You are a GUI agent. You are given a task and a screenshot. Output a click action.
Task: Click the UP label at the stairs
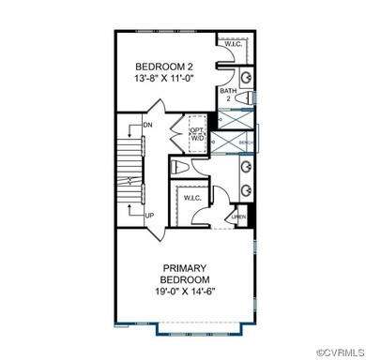147,214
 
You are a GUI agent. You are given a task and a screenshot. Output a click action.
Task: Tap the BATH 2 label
227,93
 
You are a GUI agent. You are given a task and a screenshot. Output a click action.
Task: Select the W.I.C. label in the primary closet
191,198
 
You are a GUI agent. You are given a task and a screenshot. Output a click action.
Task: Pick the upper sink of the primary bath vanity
246,167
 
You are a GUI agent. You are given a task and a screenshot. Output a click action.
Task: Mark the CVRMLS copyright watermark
334,352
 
